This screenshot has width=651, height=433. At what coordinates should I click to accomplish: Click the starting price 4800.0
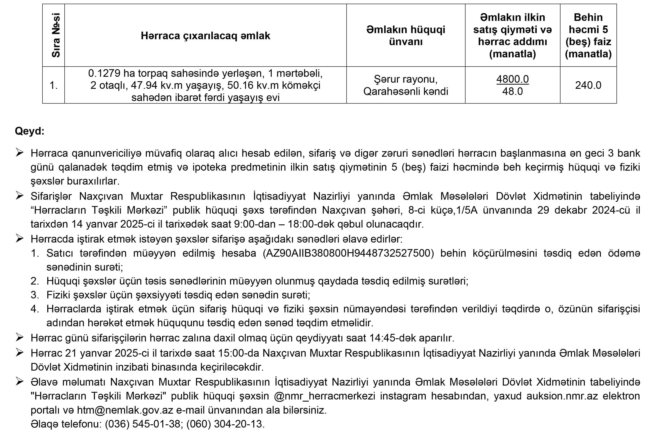click(512, 79)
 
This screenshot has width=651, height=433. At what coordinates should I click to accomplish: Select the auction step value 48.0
click(512, 91)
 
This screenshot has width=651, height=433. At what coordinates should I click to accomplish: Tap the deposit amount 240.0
click(588, 85)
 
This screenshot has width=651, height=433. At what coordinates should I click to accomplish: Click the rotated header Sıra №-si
click(56, 35)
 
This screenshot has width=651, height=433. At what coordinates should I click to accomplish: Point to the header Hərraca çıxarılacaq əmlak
click(205, 36)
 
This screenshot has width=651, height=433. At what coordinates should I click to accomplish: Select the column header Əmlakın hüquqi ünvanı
click(406, 35)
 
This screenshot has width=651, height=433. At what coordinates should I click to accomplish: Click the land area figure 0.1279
click(104, 73)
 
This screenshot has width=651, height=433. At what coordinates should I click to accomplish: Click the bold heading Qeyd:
click(30, 131)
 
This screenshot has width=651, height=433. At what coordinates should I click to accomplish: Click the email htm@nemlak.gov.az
click(125, 410)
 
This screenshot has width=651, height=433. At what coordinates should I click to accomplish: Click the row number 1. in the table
click(53, 85)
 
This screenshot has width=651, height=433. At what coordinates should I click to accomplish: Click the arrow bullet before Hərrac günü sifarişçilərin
click(20, 337)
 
